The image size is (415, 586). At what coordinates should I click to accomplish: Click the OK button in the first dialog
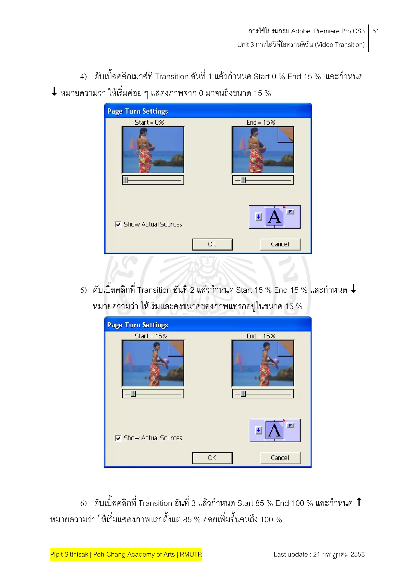click(212, 244)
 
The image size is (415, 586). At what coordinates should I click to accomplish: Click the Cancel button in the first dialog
click(280, 244)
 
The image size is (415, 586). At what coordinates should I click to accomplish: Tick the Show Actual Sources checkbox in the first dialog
click(118, 224)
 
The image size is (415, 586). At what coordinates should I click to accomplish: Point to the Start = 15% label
click(151, 336)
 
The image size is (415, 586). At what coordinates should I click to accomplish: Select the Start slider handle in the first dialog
click(126, 180)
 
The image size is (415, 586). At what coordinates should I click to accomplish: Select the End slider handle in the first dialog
click(243, 180)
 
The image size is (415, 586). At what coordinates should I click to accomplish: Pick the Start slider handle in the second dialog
click(133, 394)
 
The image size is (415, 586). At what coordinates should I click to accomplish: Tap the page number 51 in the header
click(376, 31)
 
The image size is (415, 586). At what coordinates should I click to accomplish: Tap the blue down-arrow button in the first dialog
click(259, 217)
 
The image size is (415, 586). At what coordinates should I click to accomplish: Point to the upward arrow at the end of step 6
click(359, 502)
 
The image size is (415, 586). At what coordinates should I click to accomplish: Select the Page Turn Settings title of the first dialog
click(137, 111)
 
